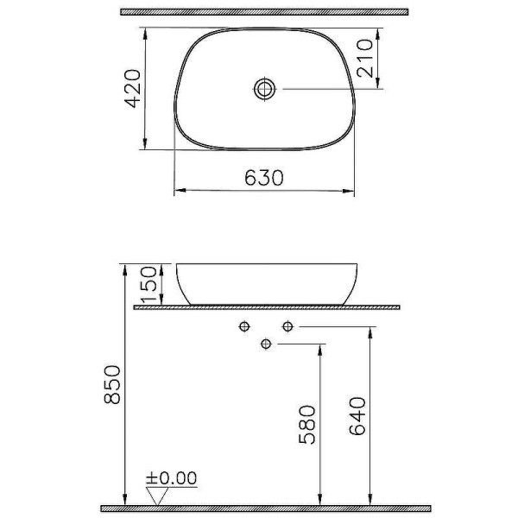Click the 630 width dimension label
tap(264, 178)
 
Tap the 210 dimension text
tap(370, 56)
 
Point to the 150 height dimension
tap(148, 284)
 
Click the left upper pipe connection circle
tap(245, 326)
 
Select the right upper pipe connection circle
tap(287, 326)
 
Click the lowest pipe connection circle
tap(266, 344)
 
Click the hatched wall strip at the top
tap(263, 12)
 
